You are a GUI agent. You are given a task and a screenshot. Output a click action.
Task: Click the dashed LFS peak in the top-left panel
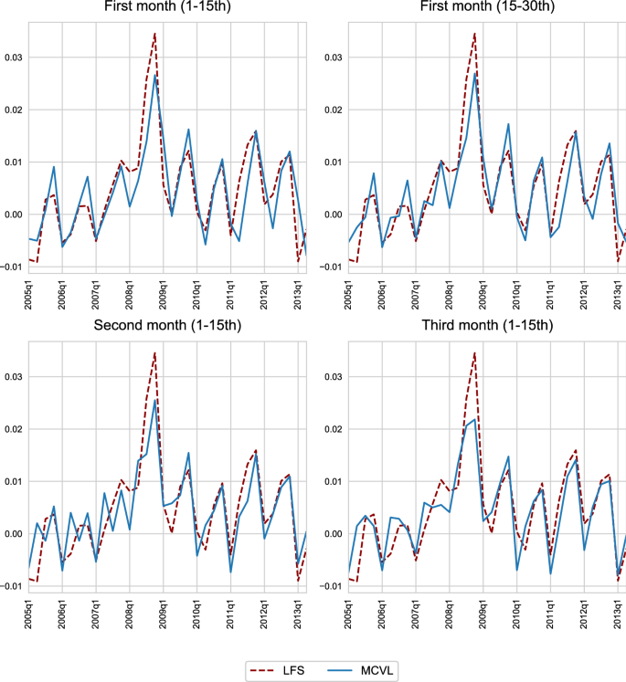coord(155,33)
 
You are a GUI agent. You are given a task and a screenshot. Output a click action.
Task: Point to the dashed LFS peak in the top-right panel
coord(474,33)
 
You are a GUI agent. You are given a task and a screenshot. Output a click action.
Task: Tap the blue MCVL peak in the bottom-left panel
coord(155,399)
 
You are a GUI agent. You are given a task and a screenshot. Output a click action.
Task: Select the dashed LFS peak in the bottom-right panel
coord(474,352)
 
